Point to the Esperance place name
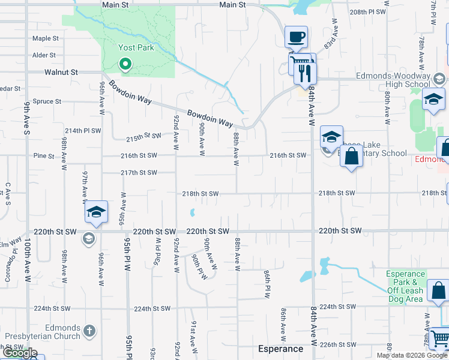280,349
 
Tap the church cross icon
89,331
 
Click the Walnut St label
61,72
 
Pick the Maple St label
46,38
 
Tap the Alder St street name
44,55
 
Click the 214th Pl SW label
81,130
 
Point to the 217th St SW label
139,173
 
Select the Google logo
20,353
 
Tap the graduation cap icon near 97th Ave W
96,211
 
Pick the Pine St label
44,155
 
